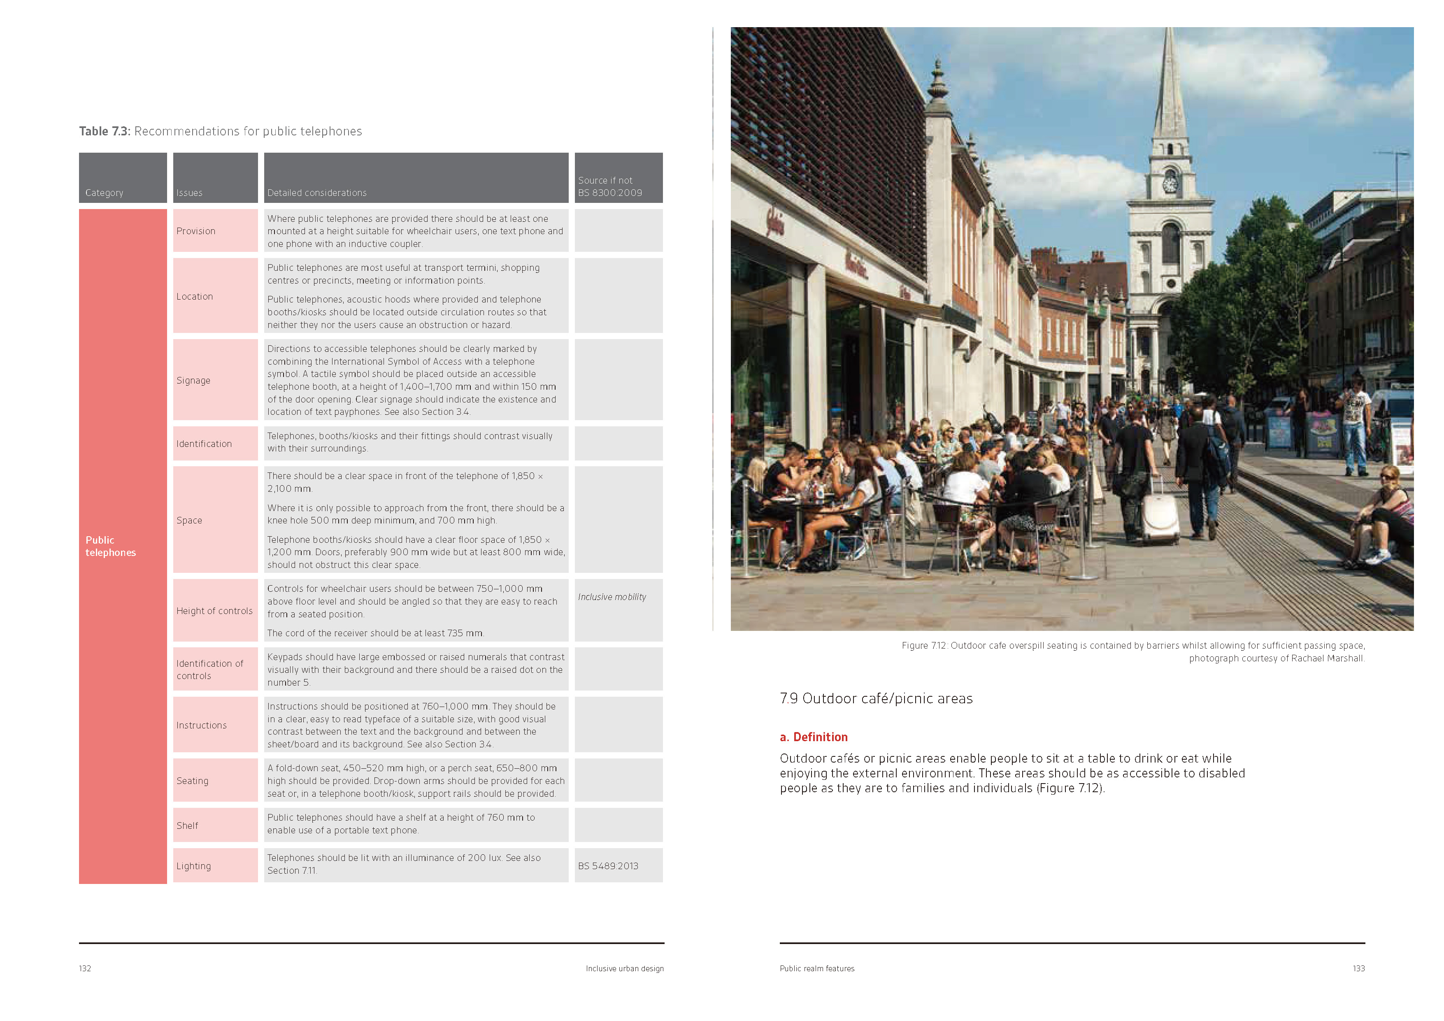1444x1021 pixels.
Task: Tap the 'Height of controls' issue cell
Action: (214, 611)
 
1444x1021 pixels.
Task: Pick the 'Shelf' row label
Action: (187, 826)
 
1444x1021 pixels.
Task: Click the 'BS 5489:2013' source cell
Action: (608, 865)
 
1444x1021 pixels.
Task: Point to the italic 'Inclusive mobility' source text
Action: (612, 597)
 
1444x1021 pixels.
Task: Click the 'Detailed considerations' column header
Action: (317, 193)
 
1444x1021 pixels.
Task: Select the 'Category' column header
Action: (105, 193)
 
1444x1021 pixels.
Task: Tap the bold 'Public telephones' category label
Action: (111, 546)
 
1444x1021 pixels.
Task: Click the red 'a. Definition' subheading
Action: (814, 737)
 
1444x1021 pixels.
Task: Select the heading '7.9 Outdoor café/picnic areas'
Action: (876, 698)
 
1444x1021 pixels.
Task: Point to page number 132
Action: (85, 968)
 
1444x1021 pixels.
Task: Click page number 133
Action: (1358, 968)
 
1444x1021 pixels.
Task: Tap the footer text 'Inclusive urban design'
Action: (625, 968)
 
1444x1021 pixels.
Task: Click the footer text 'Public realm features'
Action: (817, 968)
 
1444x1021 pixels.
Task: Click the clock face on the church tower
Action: (1170, 184)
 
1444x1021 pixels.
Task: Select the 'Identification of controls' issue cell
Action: (209, 669)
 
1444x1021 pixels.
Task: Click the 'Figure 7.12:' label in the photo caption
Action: (924, 645)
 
